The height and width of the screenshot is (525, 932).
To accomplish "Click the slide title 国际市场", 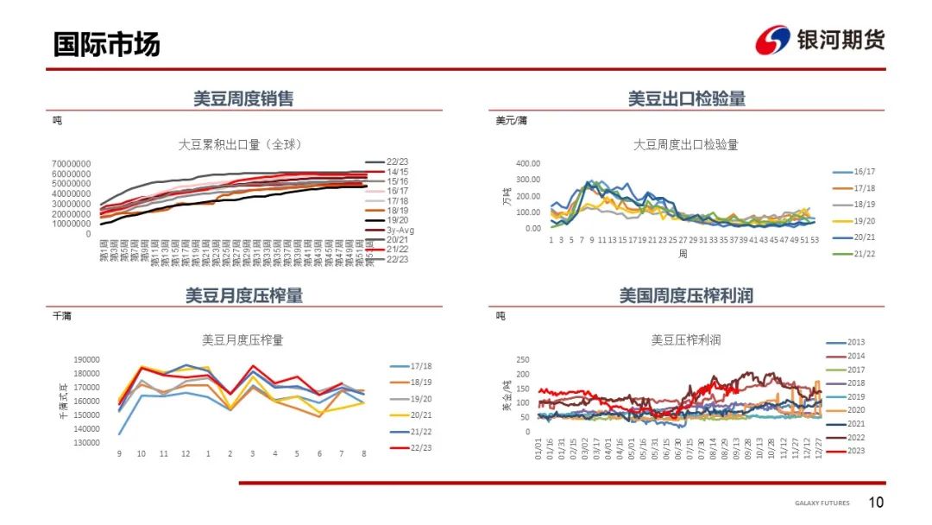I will pos(106,43).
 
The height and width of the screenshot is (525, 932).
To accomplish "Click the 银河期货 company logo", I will pos(820,40).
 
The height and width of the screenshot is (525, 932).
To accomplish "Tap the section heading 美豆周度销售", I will pos(243,98).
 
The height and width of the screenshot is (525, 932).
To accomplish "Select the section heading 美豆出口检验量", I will pos(687,98).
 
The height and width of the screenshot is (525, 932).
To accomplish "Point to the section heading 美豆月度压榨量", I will pos(244,295).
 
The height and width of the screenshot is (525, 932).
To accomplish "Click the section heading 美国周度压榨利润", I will pos(686,295).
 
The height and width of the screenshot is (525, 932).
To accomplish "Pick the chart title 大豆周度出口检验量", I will pos(686,144).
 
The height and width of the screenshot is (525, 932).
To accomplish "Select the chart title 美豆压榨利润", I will pos(686,340).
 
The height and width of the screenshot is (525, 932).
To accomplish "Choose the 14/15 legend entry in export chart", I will pos(397,172).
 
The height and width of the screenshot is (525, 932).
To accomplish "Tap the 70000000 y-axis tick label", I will pos(72,163).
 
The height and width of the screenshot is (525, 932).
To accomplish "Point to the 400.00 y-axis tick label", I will pos(527,163).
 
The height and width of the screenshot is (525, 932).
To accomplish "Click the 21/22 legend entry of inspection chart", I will pos(864,253).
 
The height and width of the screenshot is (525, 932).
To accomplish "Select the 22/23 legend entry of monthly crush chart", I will pos(421,447).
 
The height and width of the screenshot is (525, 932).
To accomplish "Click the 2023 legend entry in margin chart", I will pos(856,450).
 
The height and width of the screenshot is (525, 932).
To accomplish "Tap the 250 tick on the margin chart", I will pos(522,359).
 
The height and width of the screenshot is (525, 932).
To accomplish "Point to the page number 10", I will pos(876,503).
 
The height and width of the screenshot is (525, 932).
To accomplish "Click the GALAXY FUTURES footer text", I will pos(822,503).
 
